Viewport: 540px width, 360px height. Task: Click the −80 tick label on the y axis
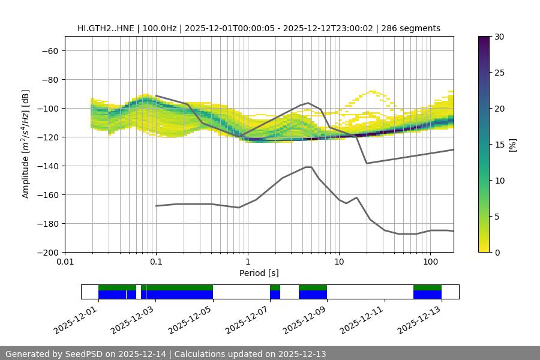pyautogui.click(x=49, y=79)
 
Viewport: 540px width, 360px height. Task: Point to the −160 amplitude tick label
pyautogui.click(x=47, y=194)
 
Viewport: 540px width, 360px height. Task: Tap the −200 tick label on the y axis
pyautogui.click(x=47, y=252)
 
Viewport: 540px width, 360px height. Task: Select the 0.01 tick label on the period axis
pyautogui.click(x=65, y=262)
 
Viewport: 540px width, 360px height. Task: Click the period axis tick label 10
pyautogui.click(x=339, y=262)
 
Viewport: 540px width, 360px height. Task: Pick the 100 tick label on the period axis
pyautogui.click(x=430, y=262)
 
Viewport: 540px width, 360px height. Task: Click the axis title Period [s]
pyautogui.click(x=259, y=273)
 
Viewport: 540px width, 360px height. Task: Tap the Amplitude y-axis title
pyautogui.click(x=26, y=145)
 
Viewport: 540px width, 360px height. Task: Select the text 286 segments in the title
pyautogui.click(x=415, y=28)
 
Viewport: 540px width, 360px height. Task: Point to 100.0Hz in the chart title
pyautogui.click(x=160, y=28)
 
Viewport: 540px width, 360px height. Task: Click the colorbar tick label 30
pyautogui.click(x=499, y=37)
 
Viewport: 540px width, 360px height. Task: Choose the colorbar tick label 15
pyautogui.click(x=499, y=145)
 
